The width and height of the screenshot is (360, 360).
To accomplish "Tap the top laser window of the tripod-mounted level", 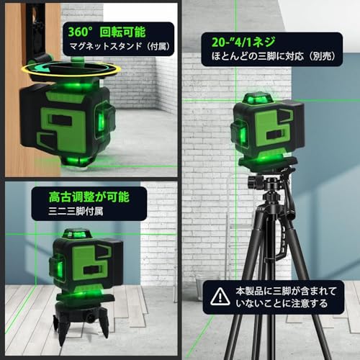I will [x=256, y=99].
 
